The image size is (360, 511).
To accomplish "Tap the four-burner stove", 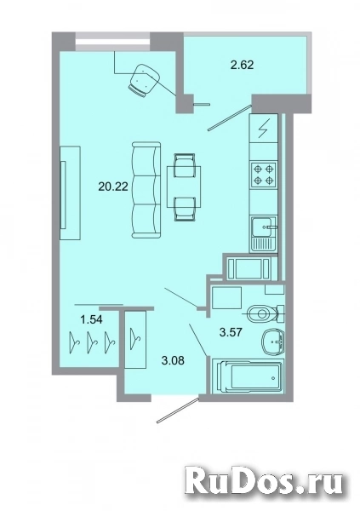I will click(260, 174).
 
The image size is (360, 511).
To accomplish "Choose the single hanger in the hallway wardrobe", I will click(135, 339).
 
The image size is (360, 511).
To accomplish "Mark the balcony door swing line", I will click(231, 114).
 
